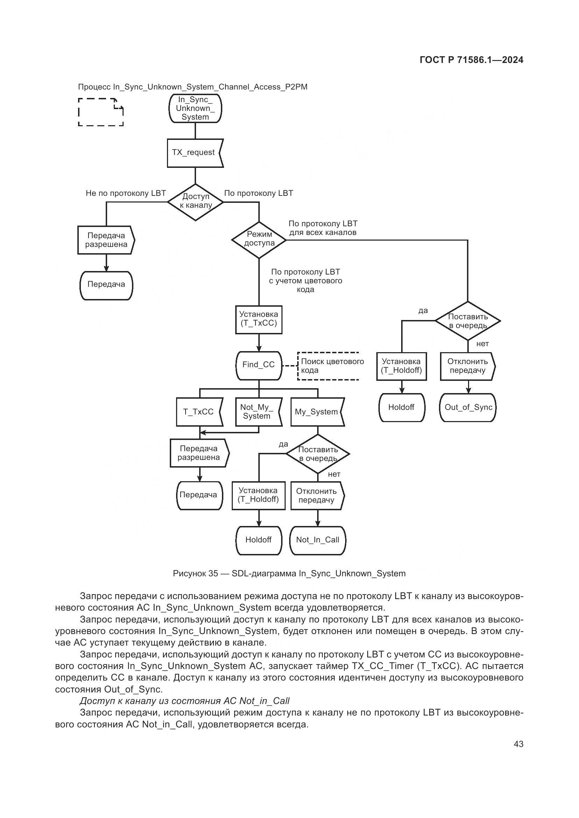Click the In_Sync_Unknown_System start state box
pos(195,108)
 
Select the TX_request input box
pos(195,153)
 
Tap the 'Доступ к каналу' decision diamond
pos(195,202)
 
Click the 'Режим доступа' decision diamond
pos(259,240)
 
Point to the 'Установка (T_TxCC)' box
pos(258,320)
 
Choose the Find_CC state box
pos(258,365)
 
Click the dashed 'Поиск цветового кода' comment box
pos(328,366)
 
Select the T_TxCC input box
pos(199,412)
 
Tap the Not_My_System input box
pos(258,412)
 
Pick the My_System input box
pos(317,412)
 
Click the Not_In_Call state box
pos(317,540)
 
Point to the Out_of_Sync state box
pos(468,407)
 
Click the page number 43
pos(518,744)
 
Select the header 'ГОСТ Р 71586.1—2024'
pos(471,60)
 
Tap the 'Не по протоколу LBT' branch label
pos(126,193)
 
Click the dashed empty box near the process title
pos(100,112)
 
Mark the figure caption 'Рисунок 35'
pos(289,574)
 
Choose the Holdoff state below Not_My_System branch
pos(258,540)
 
